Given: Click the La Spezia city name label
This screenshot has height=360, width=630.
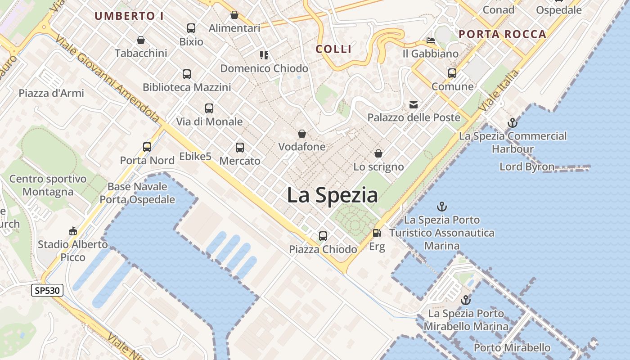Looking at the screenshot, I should pyautogui.click(x=332, y=195).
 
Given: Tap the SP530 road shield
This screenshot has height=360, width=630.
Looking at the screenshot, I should pyautogui.click(x=47, y=290).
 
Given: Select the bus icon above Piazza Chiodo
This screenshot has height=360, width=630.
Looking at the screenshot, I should pyautogui.click(x=323, y=236).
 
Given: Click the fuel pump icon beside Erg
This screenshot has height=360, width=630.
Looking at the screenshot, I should pyautogui.click(x=376, y=233).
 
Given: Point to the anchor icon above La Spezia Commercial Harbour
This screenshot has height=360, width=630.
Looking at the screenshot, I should pyautogui.click(x=512, y=122).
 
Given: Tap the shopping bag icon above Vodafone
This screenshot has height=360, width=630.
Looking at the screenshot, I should pyautogui.click(x=301, y=134).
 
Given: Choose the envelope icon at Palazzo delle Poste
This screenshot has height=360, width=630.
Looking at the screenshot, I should pyautogui.click(x=413, y=105).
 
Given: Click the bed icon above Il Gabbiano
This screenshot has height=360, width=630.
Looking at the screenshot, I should pyautogui.click(x=431, y=40).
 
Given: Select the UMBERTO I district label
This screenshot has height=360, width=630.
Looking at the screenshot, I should pyautogui.click(x=129, y=16).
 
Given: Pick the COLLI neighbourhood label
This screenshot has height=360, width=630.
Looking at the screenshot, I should pyautogui.click(x=333, y=49).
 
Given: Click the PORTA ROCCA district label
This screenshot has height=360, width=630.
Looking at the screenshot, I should pyautogui.click(x=502, y=34).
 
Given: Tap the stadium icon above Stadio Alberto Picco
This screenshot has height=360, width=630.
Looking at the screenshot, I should pyautogui.click(x=72, y=231).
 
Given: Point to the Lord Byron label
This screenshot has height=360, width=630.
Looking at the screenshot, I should pyautogui.click(x=527, y=166).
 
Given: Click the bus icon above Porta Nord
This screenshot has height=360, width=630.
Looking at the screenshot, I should pyautogui.click(x=147, y=147).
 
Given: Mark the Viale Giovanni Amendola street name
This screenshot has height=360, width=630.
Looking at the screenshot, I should pyautogui.click(x=108, y=79).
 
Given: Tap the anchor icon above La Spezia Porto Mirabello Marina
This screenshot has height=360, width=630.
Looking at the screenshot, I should pyautogui.click(x=465, y=300).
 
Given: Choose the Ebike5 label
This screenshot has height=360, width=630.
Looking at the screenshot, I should pyautogui.click(x=195, y=157).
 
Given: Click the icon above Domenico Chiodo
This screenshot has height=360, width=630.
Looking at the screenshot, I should pyautogui.click(x=264, y=55).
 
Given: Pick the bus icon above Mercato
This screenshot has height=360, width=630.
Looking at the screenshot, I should pyautogui.click(x=239, y=147).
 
